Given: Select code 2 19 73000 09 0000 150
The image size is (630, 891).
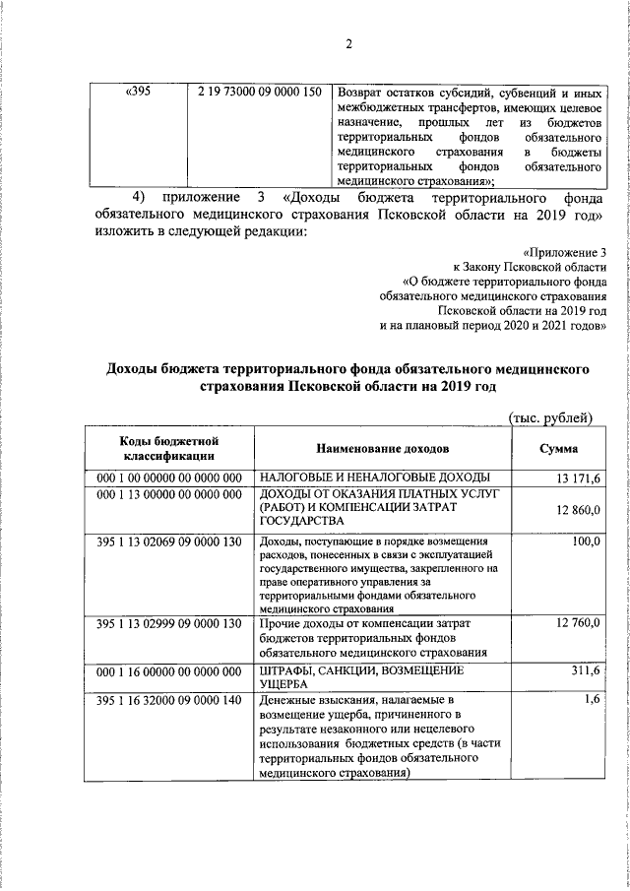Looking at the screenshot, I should pos(260,93).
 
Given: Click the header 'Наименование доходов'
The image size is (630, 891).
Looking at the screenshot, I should pos(382,449).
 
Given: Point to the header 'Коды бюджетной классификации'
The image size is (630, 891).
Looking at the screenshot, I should pos(163,449).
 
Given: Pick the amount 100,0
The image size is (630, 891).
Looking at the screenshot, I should pos(586,541).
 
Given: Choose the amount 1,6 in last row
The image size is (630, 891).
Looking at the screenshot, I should pos(592,700).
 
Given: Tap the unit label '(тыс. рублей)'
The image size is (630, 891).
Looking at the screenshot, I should pos(549,417).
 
